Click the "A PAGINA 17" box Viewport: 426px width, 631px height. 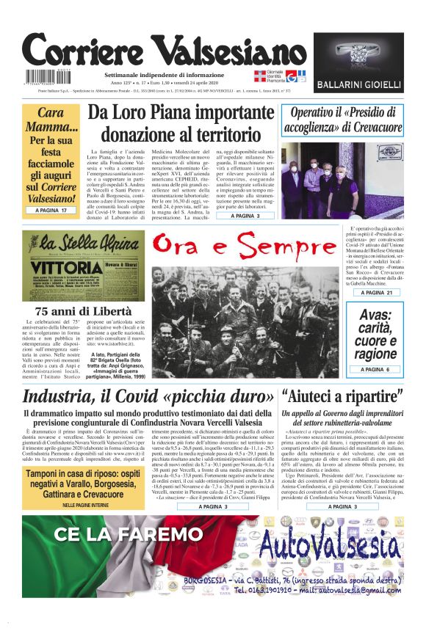51,211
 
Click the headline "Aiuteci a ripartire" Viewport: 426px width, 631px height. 342,398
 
